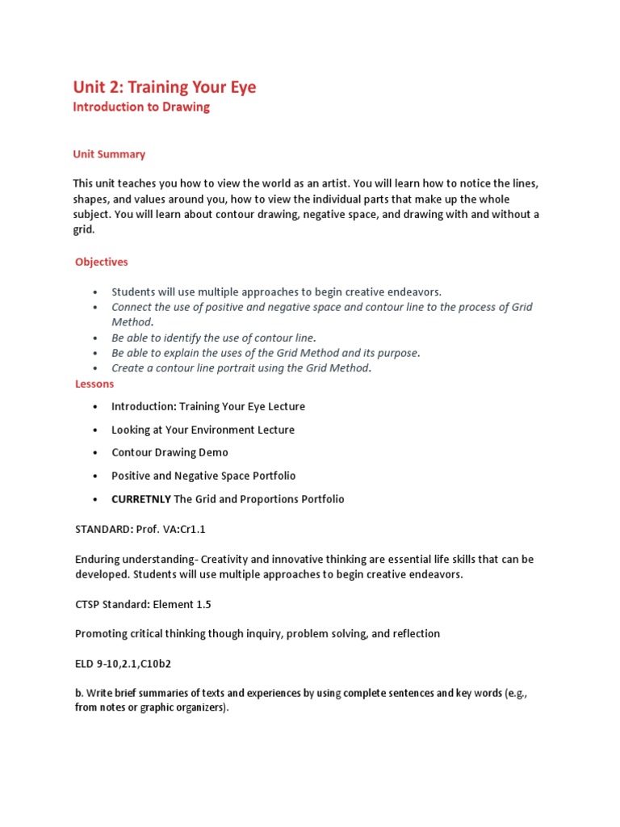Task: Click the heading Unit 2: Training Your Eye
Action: pyautogui.click(x=165, y=86)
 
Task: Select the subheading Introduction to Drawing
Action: pyautogui.click(x=141, y=107)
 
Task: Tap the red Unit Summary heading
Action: pyautogui.click(x=109, y=153)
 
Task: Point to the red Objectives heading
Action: pyautogui.click(x=102, y=262)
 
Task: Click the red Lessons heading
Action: pyautogui.click(x=94, y=384)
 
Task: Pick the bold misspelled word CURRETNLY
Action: pyautogui.click(x=141, y=499)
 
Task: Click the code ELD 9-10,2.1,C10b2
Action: pyautogui.click(x=123, y=664)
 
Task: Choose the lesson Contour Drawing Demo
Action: pyautogui.click(x=170, y=452)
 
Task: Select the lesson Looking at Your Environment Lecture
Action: pyautogui.click(x=203, y=430)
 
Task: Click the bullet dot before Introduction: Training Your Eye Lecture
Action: pyautogui.click(x=95, y=407)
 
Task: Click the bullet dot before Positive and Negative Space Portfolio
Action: pyautogui.click(x=95, y=476)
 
